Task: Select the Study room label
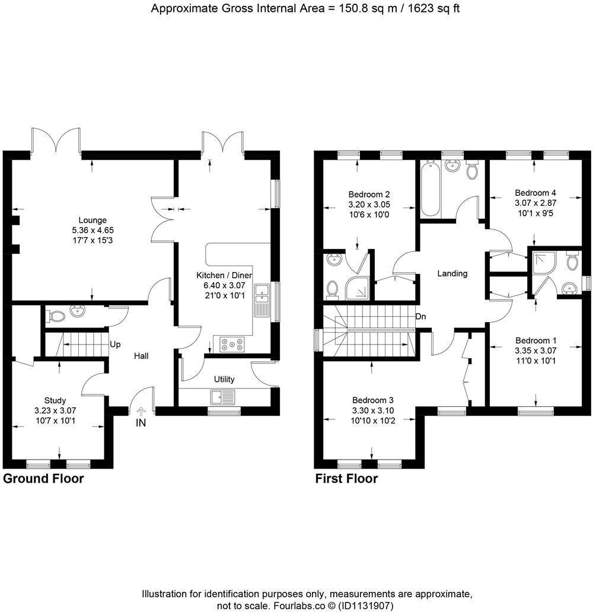55,400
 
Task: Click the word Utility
224,380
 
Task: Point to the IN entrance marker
141,423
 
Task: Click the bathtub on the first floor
430,190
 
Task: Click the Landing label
452,273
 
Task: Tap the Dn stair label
421,317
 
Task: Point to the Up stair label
115,344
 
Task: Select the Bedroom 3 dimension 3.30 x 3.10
372,410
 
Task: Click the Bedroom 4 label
535,193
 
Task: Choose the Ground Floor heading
43,479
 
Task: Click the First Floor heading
346,479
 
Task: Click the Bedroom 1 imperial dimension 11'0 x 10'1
535,360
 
